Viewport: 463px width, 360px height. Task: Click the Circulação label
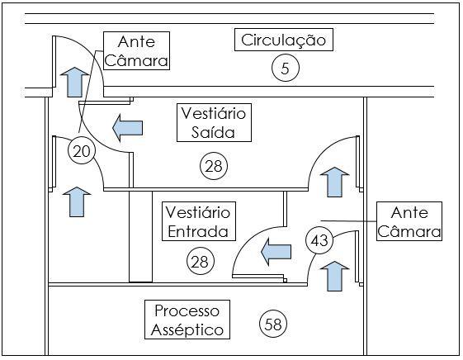coord(283,40)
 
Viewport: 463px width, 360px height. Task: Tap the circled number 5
coord(286,68)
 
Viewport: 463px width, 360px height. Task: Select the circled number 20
coord(82,151)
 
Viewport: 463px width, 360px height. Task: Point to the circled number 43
coord(319,240)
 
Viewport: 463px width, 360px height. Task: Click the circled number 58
coord(273,324)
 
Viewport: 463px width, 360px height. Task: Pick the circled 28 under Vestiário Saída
coord(214,166)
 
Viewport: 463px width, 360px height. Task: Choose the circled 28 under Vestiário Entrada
coord(201,261)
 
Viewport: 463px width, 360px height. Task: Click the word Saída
coord(213,132)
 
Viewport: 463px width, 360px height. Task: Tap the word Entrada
coord(198,231)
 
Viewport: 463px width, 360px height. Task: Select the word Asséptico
coord(187,330)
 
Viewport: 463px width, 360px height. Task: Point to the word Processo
coord(187,310)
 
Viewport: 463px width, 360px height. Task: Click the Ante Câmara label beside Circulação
coord(136,51)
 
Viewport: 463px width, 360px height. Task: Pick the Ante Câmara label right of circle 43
coord(409,221)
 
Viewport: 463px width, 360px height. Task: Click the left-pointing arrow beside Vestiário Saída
coord(128,128)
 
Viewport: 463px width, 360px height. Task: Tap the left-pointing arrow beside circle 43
coord(276,252)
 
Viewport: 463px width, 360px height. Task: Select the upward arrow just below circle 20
coord(77,202)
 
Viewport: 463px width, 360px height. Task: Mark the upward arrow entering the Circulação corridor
coord(75,82)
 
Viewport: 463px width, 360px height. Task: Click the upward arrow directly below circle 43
coord(334,276)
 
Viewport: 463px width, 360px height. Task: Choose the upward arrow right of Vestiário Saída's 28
coord(334,182)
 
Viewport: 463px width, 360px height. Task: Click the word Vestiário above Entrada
coord(198,212)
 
